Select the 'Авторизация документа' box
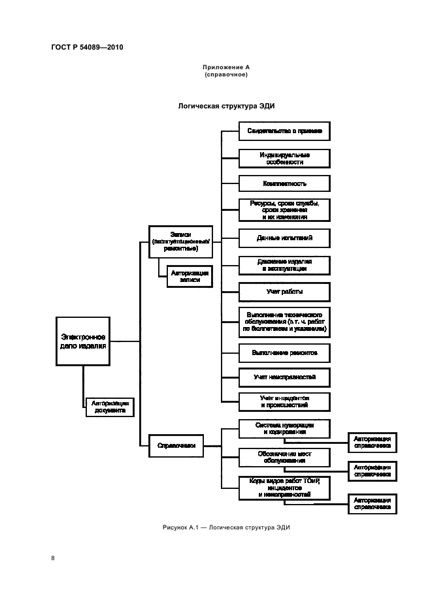[109, 407]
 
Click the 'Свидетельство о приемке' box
[284, 131]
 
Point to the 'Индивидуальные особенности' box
[284, 158]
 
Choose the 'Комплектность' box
[284, 183]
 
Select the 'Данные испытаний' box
[284, 238]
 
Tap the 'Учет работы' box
[284, 291]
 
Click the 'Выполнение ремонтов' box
[284, 352]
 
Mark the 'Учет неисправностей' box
[284, 377]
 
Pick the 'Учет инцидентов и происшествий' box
[284, 401]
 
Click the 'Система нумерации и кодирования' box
[284, 428]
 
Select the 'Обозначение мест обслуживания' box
[284, 456]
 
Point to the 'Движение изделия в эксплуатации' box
[284, 264]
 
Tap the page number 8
[52, 558]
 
